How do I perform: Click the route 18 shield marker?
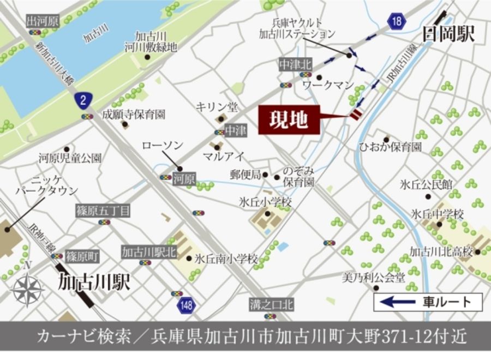(x=397, y=22)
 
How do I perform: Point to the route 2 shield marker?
(x=82, y=99)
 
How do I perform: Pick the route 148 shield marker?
(x=187, y=305)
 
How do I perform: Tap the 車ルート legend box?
(x=428, y=302)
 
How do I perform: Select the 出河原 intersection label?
(x=42, y=21)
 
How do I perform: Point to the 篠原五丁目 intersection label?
(x=103, y=210)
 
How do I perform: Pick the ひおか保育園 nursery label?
(x=390, y=147)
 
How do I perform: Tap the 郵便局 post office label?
(x=245, y=175)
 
